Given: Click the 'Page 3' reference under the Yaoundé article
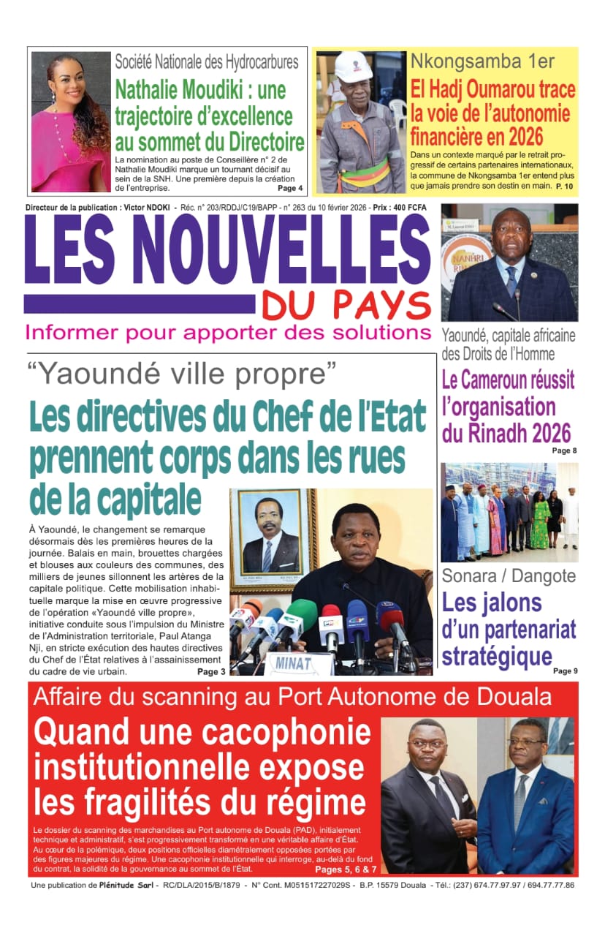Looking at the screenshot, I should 211,671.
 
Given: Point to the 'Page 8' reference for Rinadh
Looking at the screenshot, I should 564,450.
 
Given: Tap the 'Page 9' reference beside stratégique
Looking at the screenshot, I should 565,671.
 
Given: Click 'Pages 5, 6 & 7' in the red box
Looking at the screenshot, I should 346,869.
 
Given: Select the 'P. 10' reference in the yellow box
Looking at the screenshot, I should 564,187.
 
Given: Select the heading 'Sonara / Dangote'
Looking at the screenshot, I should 509,575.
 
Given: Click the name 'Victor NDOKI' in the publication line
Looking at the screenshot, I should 151,208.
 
